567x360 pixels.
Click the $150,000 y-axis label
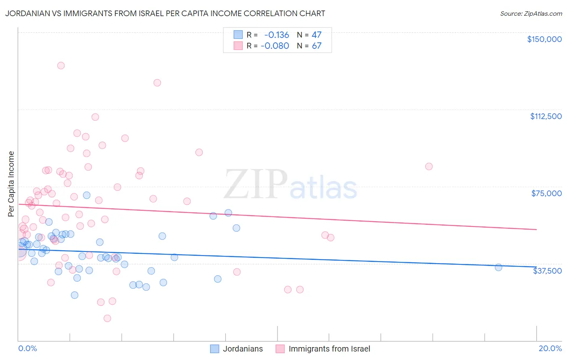pos(544,39)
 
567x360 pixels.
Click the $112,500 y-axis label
pos(546,116)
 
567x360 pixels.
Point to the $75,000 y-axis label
pos(546,193)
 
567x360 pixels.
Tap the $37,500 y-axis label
pos(547,270)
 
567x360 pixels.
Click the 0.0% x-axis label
pos(27,348)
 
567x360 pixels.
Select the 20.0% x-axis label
pos(550,348)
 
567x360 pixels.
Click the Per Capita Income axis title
pos(11,184)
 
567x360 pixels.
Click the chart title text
pos(165,13)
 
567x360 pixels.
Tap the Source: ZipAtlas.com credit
pos(531,14)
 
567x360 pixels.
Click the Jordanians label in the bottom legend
pos(243,349)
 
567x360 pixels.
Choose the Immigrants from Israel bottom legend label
pos(329,349)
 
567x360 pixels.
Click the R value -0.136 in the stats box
pos(277,35)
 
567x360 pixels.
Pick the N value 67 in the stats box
pos(317,46)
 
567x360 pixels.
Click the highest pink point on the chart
pos(61,65)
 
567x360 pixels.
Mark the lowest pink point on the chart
pos(107,318)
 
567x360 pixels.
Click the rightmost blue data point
pos(498,267)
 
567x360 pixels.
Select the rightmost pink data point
pos(429,167)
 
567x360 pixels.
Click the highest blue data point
pos(87,195)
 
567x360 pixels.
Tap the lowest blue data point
pos(75,295)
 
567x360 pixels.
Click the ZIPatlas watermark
pos(290,184)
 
